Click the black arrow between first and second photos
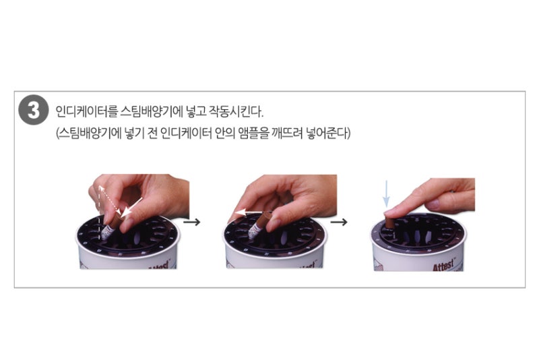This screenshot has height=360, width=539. point(192,222)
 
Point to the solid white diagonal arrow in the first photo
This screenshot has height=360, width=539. point(131,207)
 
